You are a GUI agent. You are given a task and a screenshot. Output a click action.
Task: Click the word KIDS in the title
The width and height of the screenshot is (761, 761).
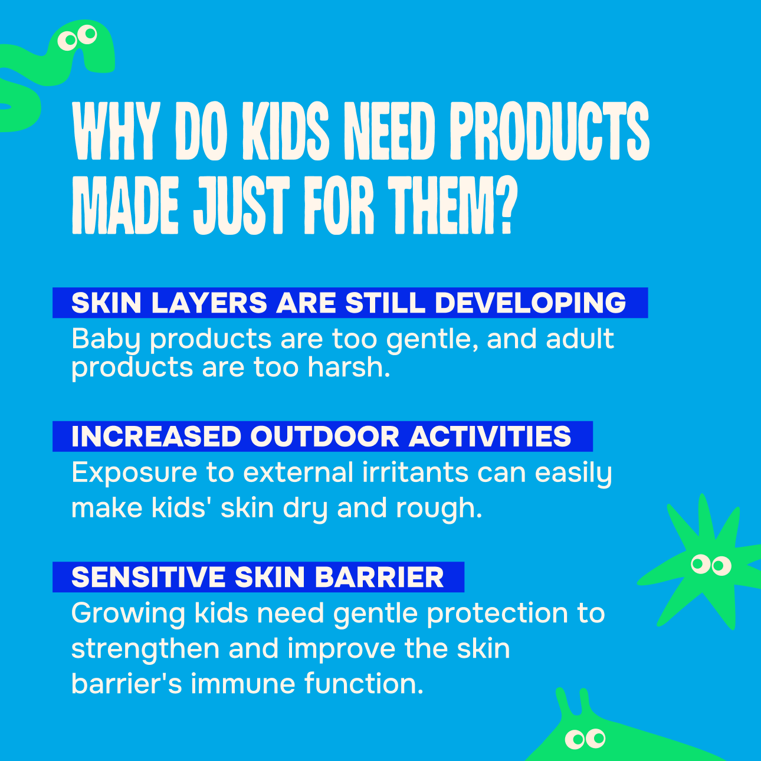286,131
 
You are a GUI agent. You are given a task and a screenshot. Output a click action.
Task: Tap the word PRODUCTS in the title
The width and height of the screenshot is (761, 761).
549,131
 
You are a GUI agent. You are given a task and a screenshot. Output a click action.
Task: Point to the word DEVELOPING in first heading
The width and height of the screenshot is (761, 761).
530,303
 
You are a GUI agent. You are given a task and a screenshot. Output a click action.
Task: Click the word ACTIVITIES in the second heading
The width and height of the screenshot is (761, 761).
490,437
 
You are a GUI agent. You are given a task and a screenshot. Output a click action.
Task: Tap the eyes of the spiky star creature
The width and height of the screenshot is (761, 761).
711,565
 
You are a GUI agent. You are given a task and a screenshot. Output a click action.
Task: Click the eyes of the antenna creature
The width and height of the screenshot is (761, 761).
585,739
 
